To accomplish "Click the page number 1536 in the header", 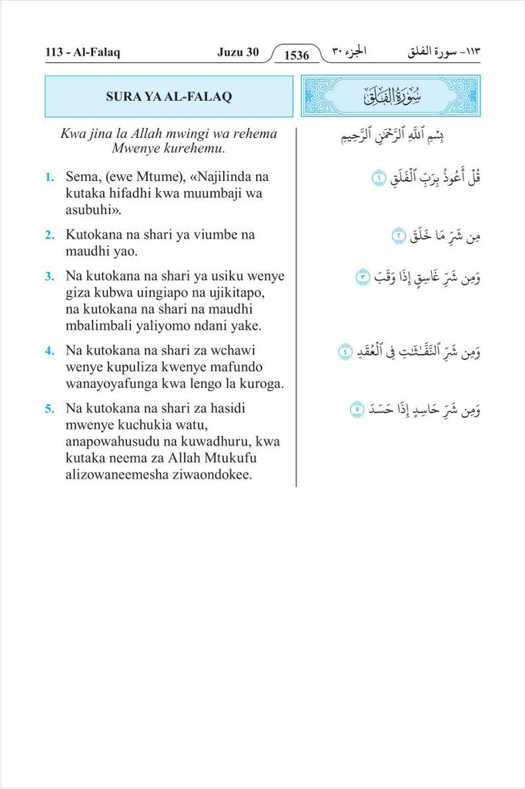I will coord(296,55).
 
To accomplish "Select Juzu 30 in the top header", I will coord(238,52).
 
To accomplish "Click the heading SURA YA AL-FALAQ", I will coord(169,96).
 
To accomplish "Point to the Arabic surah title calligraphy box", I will coord(390,96).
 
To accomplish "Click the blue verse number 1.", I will coord(48,177).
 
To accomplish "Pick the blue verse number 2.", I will coord(48,234).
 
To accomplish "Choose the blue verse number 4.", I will coord(48,350).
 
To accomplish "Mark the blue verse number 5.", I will coord(48,408).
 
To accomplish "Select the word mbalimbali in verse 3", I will coord(97,325).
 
